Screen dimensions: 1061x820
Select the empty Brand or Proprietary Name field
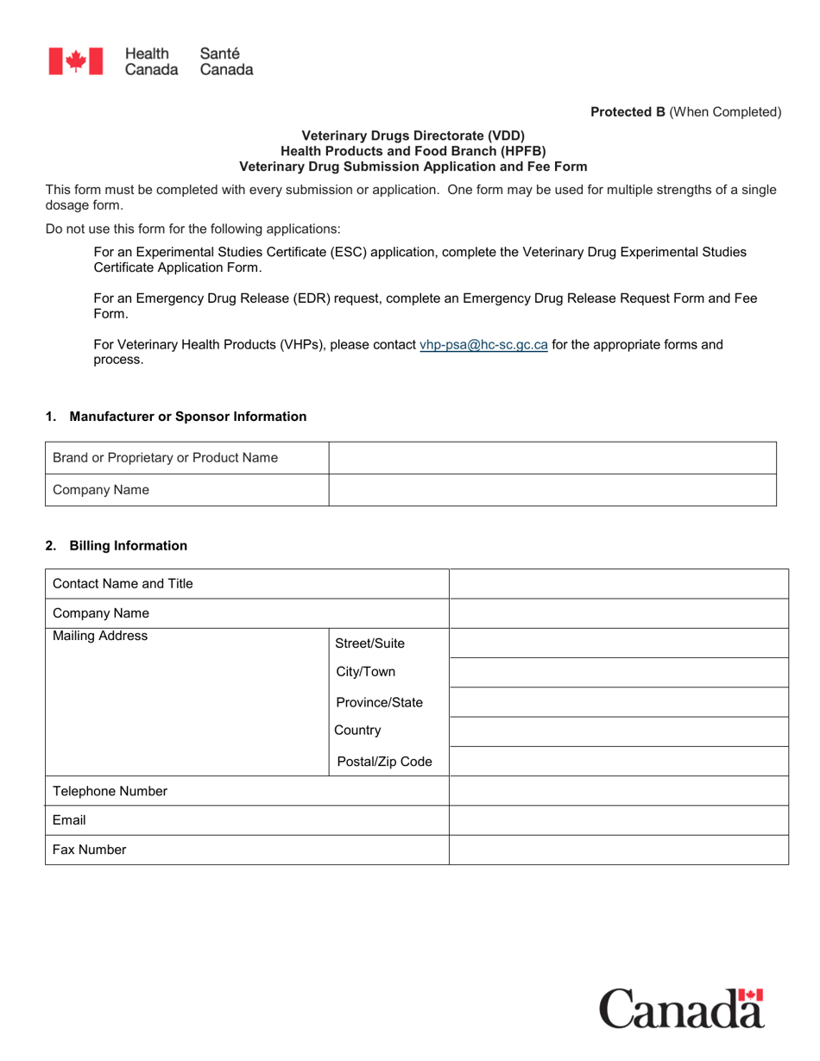552,457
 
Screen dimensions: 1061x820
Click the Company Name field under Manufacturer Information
552,490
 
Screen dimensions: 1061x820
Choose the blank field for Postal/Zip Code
618,762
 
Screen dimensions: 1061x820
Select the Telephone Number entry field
618,791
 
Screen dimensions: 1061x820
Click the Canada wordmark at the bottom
681,1008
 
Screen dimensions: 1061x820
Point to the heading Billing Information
128,545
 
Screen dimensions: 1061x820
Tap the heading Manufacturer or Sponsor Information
187,416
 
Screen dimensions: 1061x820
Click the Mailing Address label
100,637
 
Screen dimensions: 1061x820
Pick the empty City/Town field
618,673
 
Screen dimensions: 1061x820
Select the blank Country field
618,731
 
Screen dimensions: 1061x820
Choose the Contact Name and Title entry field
618,584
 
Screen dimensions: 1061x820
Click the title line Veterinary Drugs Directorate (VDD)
412,135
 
